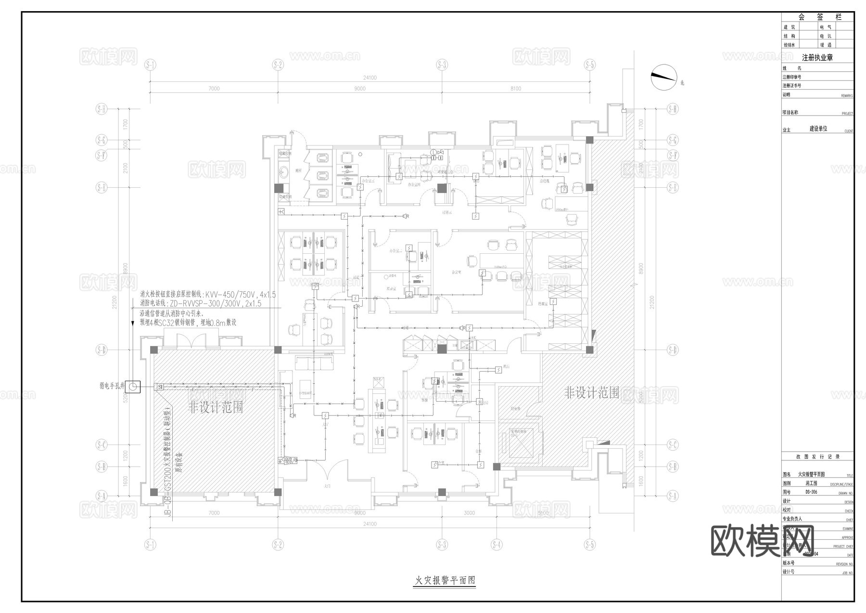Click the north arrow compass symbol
click(663, 77)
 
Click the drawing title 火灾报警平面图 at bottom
click(445, 580)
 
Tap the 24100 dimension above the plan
click(369, 78)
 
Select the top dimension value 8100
click(515, 89)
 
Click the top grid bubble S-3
click(442, 65)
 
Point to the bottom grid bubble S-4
click(497, 545)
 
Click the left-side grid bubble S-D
click(102, 350)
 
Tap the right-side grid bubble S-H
click(672, 109)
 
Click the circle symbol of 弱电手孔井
click(133, 386)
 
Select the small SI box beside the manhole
click(160, 387)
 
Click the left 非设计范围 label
click(216, 408)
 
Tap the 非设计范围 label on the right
click(591, 393)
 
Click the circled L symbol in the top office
click(433, 152)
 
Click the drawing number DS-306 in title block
click(811, 492)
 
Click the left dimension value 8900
click(124, 268)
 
